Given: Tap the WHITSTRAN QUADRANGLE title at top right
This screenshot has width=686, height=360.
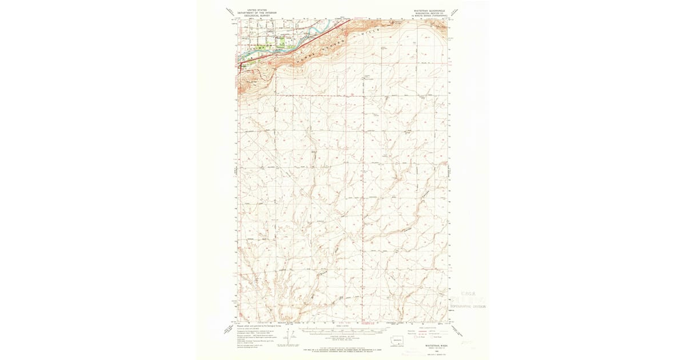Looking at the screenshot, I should pos(428,10).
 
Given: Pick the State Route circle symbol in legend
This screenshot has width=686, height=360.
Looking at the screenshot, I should pos(433,337).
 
